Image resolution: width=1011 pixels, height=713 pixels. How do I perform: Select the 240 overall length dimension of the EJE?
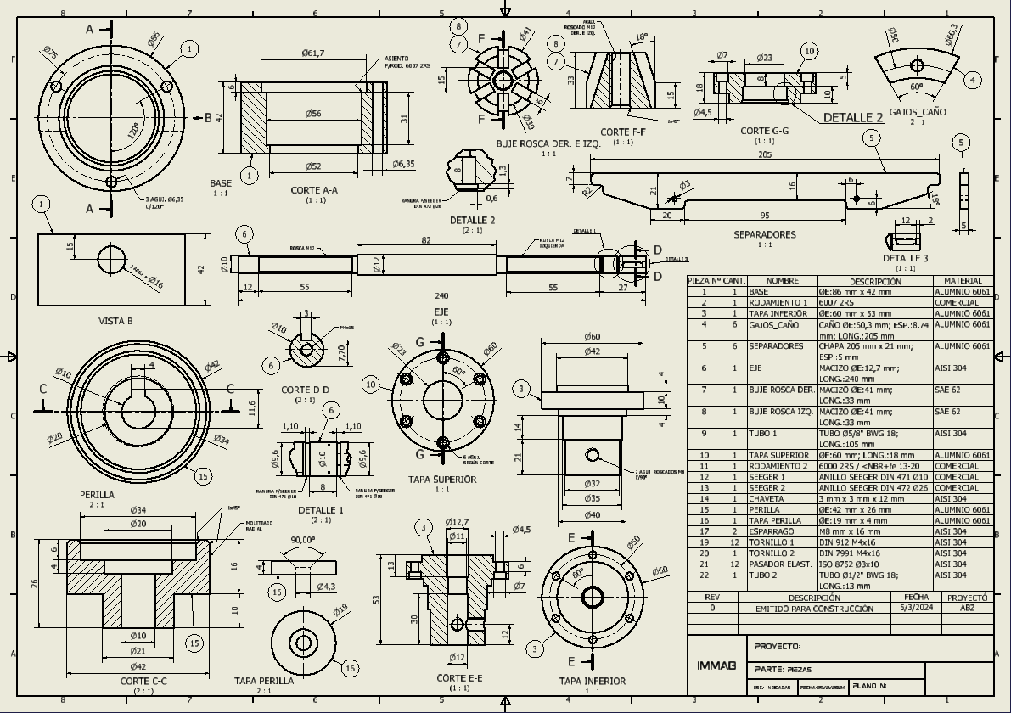[441, 296]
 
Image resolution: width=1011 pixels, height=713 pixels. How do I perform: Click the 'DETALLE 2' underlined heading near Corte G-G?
[853, 118]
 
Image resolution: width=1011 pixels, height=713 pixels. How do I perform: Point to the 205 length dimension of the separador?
[765, 154]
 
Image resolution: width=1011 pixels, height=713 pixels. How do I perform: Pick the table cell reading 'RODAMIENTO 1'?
[778, 302]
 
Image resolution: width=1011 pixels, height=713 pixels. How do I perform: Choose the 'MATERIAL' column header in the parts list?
[962, 281]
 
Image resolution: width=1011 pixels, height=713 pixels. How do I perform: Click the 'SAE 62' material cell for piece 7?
[947, 390]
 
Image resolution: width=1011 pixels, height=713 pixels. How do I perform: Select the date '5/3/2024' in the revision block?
[916, 609]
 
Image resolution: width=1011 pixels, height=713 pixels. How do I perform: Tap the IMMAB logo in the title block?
[716, 665]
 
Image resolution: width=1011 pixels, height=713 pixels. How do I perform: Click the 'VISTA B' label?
[115, 321]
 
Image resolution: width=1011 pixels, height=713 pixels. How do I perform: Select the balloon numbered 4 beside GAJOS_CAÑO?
[972, 81]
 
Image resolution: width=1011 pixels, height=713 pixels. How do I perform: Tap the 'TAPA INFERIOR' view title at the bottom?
[592, 681]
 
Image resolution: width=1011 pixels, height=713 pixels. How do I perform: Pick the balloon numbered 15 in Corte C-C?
[194, 643]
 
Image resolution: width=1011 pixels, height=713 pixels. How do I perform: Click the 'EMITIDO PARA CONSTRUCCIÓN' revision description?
[814, 609]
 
